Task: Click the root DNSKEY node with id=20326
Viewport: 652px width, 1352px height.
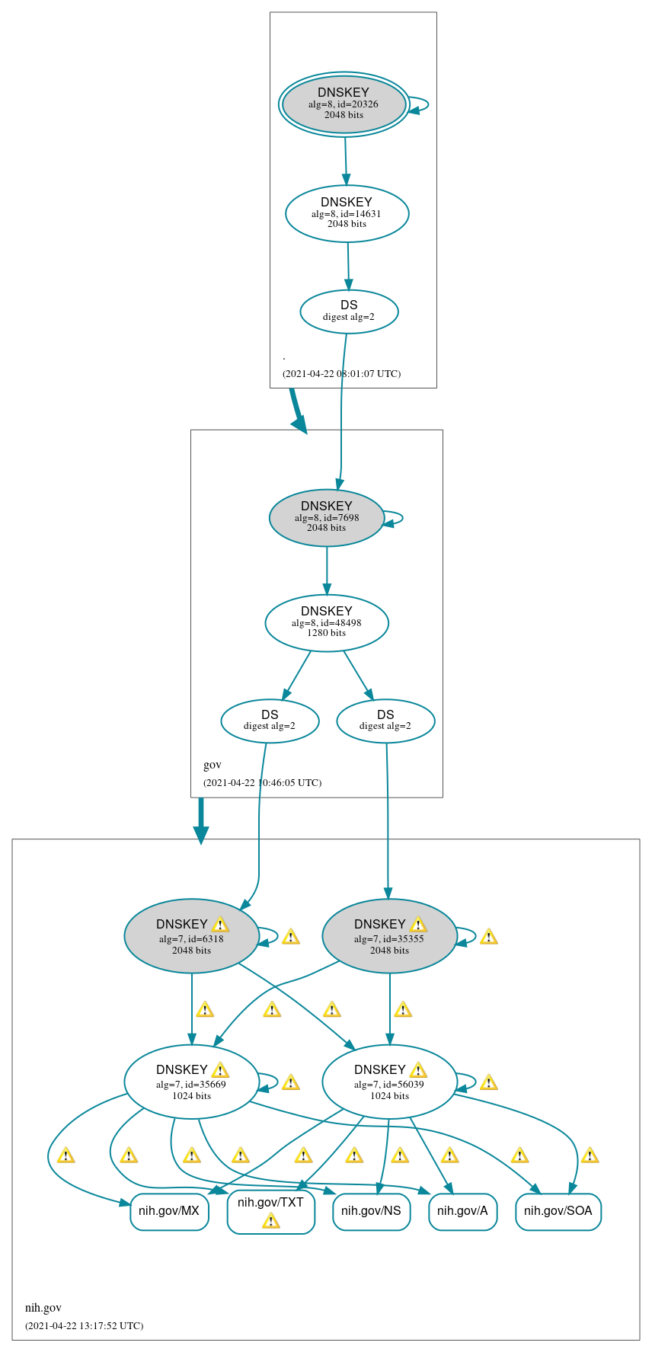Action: click(x=344, y=104)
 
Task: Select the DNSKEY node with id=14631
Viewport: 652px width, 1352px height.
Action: click(x=347, y=213)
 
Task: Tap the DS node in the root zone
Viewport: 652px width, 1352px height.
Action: click(x=349, y=311)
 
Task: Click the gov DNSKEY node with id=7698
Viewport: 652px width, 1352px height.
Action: click(x=327, y=517)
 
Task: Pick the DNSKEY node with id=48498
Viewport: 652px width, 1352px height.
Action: click(x=327, y=622)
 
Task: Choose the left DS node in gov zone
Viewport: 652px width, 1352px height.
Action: click(x=270, y=720)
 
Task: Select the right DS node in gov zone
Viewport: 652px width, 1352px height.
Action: click(x=385, y=720)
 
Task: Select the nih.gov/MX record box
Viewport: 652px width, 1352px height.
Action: click(x=169, y=1211)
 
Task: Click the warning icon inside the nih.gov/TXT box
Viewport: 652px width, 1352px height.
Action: click(x=270, y=1221)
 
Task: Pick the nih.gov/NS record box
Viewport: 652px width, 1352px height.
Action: click(x=372, y=1211)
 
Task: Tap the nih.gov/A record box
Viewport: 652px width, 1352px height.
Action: click(x=462, y=1211)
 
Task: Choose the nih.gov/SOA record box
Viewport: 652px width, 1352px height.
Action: click(x=558, y=1211)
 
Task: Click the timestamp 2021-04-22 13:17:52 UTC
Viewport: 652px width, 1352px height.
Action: click(x=84, y=1325)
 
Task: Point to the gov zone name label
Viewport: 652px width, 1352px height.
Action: click(x=212, y=765)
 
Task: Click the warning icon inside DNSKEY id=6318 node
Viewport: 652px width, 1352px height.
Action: click(x=220, y=925)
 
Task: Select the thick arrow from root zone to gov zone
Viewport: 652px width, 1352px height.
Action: click(x=298, y=411)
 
